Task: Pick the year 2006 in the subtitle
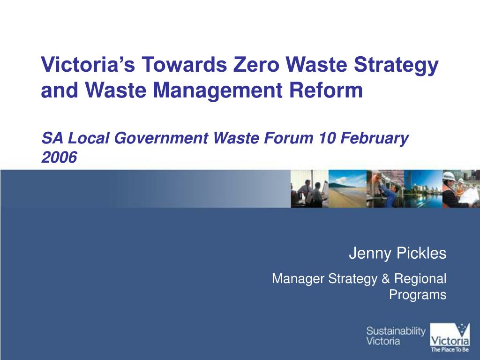click(x=59, y=158)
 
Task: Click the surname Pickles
click(x=421, y=254)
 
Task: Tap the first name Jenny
click(x=370, y=254)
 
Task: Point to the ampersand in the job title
click(x=386, y=279)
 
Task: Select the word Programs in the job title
click(x=418, y=295)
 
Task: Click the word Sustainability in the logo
click(x=396, y=331)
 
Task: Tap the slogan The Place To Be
click(x=450, y=349)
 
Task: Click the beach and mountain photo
click(x=347, y=188)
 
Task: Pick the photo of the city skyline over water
click(x=423, y=188)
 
